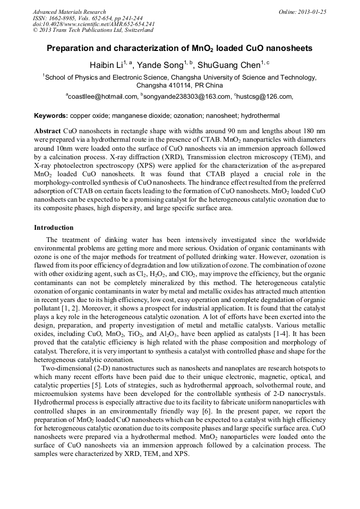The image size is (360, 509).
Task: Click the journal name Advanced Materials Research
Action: (69, 12)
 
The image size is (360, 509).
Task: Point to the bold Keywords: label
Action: (51, 116)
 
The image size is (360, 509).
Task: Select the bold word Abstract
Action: (47, 131)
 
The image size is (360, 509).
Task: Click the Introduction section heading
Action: (54, 228)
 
